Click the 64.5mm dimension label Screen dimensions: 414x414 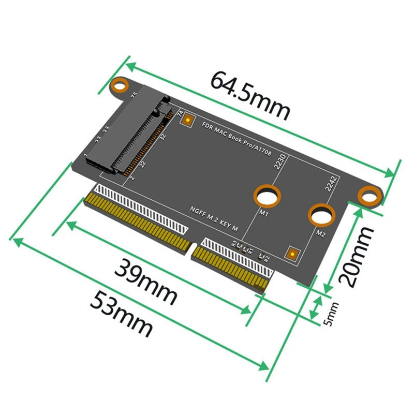point(250,95)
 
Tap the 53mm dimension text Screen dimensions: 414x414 point(121,314)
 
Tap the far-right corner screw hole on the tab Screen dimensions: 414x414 point(369,196)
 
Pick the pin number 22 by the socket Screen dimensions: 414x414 point(143,165)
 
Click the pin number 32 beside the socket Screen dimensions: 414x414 point(162,138)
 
